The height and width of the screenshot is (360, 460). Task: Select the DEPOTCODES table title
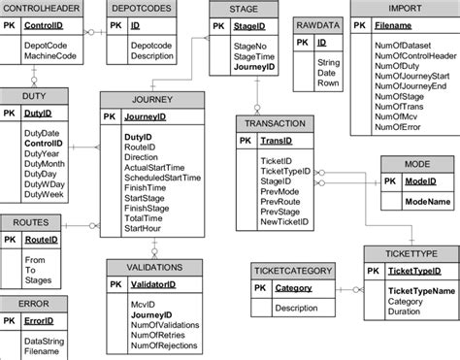coord(143,7)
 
